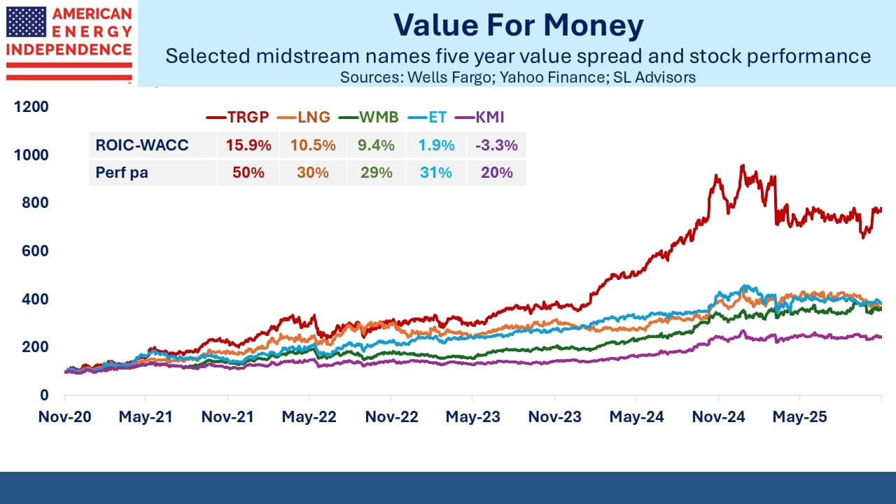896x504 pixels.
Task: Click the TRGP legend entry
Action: (x=239, y=117)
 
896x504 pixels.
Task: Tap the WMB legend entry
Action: (x=368, y=117)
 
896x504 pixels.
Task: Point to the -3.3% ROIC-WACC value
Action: (x=496, y=146)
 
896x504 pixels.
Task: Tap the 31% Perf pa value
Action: (x=435, y=172)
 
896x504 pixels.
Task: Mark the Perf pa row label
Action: (x=122, y=172)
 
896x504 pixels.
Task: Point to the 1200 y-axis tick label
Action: (x=34, y=106)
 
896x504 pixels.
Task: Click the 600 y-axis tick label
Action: (x=38, y=251)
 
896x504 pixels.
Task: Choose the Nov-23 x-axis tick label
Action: (x=555, y=417)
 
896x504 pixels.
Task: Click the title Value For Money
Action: (x=518, y=26)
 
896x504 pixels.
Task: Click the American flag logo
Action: (x=26, y=22)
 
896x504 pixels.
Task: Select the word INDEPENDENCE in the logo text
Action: (x=69, y=50)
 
